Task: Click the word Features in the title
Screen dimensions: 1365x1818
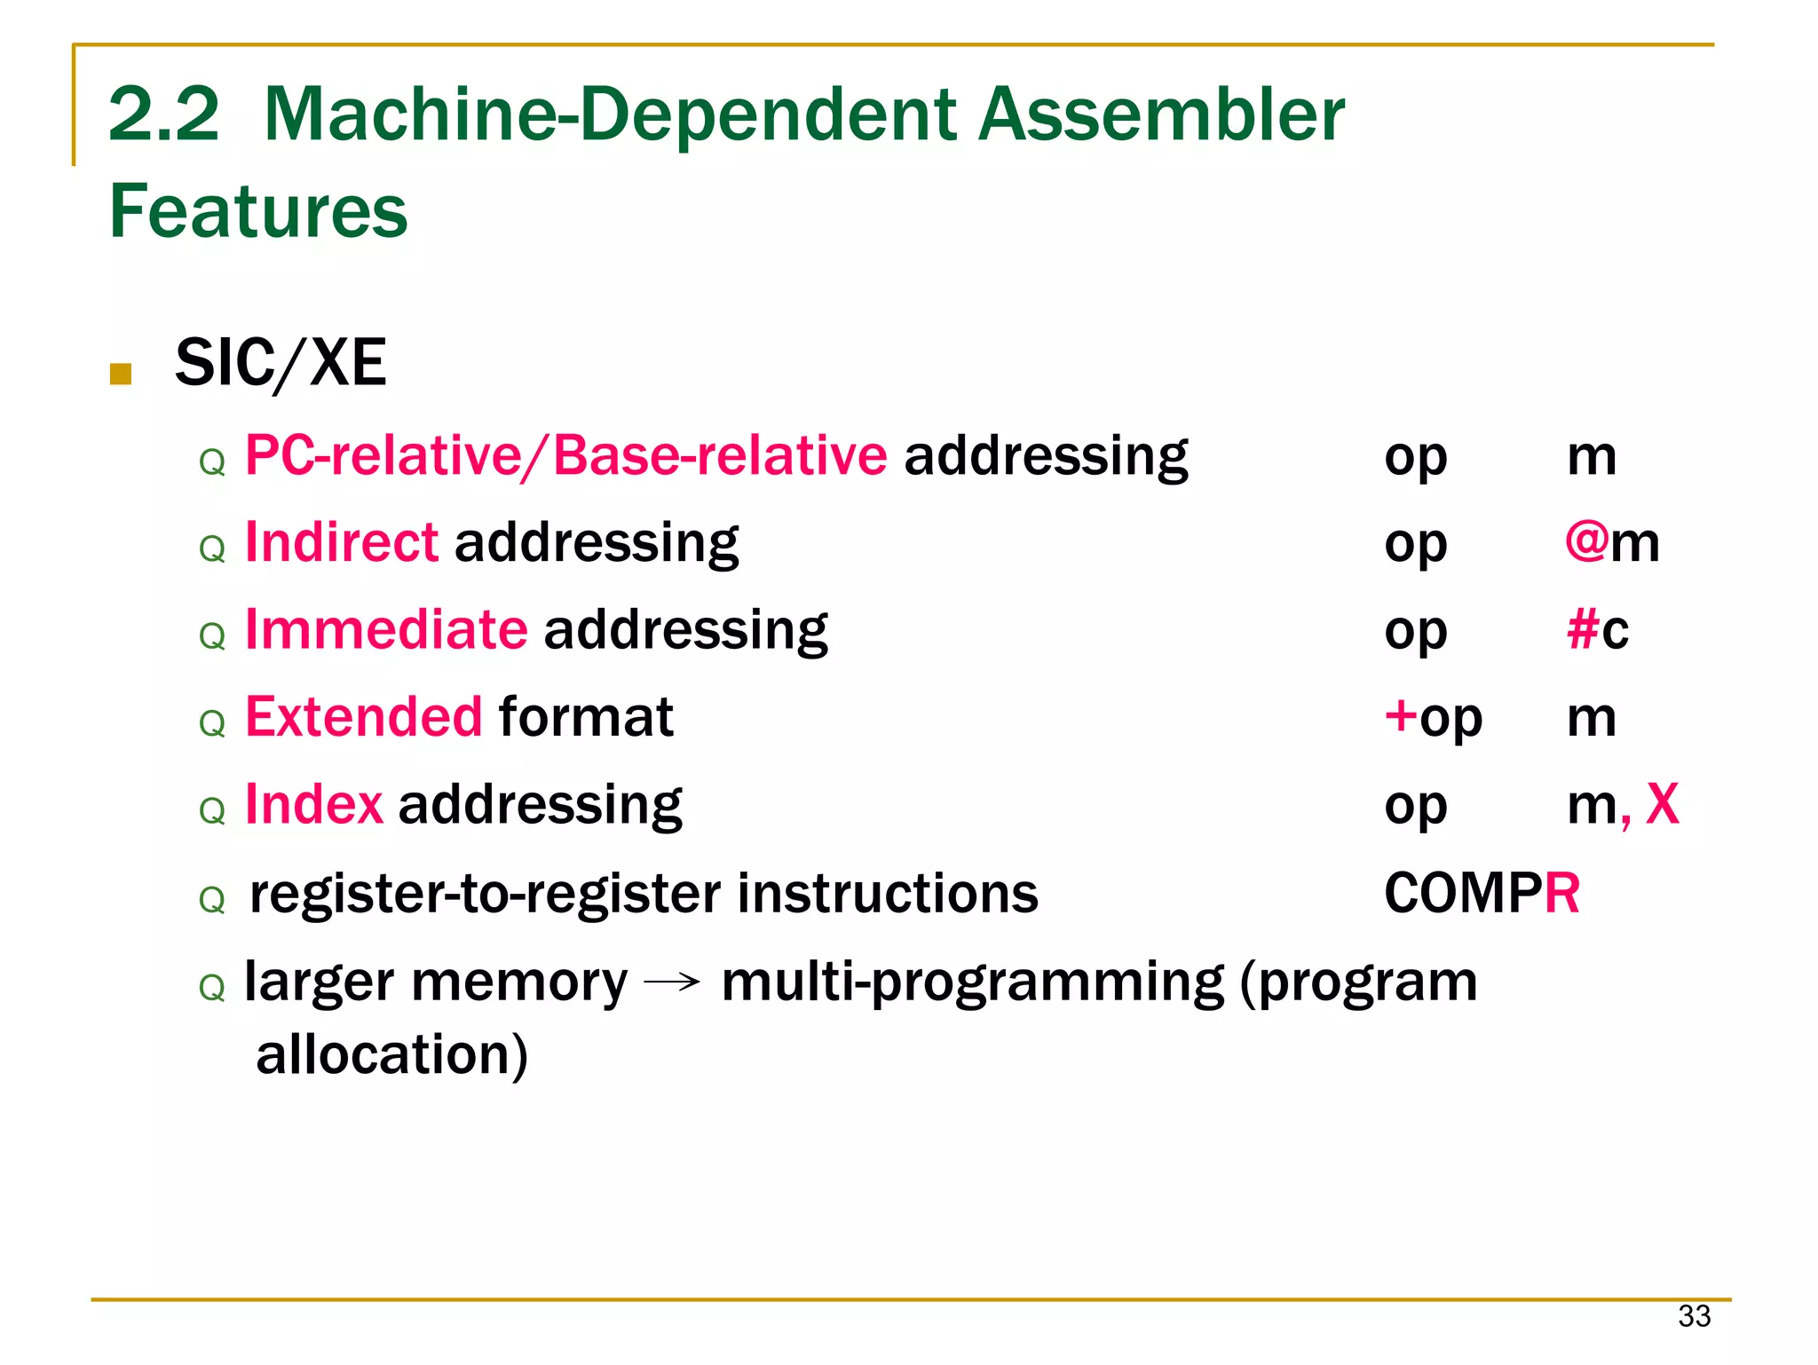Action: point(257,211)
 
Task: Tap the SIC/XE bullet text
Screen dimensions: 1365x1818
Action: point(281,363)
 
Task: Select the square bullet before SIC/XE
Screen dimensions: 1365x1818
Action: point(121,374)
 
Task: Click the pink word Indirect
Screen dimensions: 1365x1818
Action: point(341,542)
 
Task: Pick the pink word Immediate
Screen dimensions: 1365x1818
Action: point(386,629)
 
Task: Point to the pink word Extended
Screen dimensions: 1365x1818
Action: point(364,716)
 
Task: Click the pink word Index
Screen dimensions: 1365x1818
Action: point(313,804)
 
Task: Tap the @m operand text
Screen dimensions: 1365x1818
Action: point(1611,542)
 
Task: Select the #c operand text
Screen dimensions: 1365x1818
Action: point(1598,630)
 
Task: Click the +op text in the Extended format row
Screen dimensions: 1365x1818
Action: point(1433,718)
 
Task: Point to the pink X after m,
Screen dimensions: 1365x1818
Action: point(1662,804)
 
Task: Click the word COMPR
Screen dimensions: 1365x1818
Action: point(1482,893)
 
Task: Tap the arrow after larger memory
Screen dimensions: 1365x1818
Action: point(672,982)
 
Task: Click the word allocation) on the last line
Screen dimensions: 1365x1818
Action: point(391,1054)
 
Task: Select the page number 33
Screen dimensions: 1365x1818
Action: point(1694,1316)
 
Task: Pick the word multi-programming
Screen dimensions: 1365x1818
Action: point(972,982)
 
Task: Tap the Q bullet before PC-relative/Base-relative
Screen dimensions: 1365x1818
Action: point(212,462)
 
